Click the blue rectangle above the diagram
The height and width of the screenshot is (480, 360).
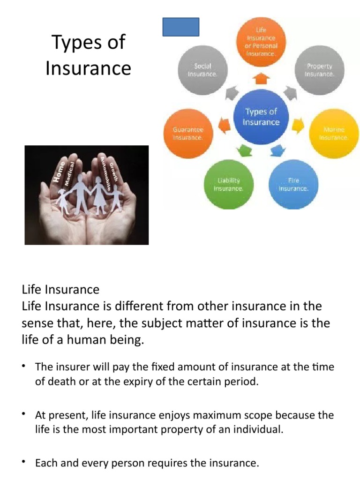click(x=180, y=27)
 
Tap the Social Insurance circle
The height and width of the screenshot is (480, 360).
click(x=202, y=70)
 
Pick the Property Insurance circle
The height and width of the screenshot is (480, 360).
click(x=319, y=70)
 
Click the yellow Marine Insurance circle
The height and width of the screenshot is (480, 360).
click(x=333, y=133)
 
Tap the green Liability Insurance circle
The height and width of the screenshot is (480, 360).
click(x=228, y=184)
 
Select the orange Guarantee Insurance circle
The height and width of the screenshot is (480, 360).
click(x=187, y=133)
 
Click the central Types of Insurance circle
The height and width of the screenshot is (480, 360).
click(x=261, y=117)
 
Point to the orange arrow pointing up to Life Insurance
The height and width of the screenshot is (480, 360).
click(x=261, y=78)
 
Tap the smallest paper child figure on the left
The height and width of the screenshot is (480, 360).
click(x=62, y=200)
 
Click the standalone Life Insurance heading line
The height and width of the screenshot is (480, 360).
click(x=60, y=289)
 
